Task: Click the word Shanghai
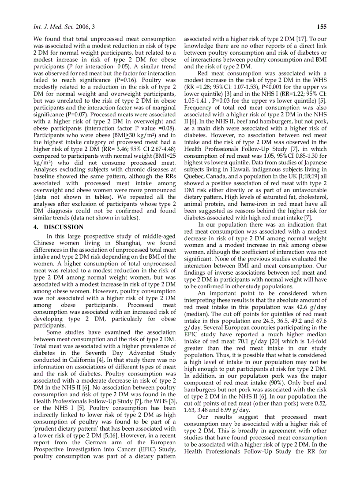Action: (x=126, y=242)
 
